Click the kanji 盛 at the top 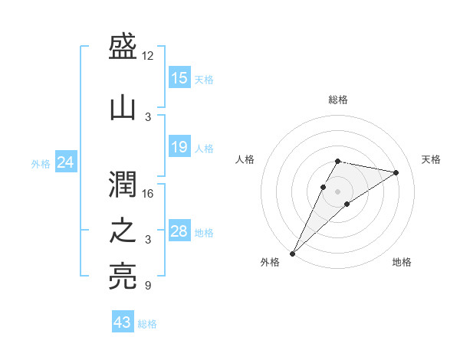pos(123,47)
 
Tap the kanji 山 pos(123,109)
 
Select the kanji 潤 pos(123,185)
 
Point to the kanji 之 pos(123,231)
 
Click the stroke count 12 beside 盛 pos(148,56)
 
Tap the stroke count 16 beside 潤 pos(148,194)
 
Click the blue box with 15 pos(179,78)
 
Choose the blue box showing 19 pos(179,147)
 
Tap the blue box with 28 pos(179,231)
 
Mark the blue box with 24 pos(66,162)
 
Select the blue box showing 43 pos(122,322)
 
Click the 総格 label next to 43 pos(147,324)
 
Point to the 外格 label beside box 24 pos(41,163)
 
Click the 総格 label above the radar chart pos(337,100)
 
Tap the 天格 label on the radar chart pos(431,159)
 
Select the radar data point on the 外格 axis pos(292,254)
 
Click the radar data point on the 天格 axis pos(396,173)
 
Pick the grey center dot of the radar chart pos(337,191)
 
